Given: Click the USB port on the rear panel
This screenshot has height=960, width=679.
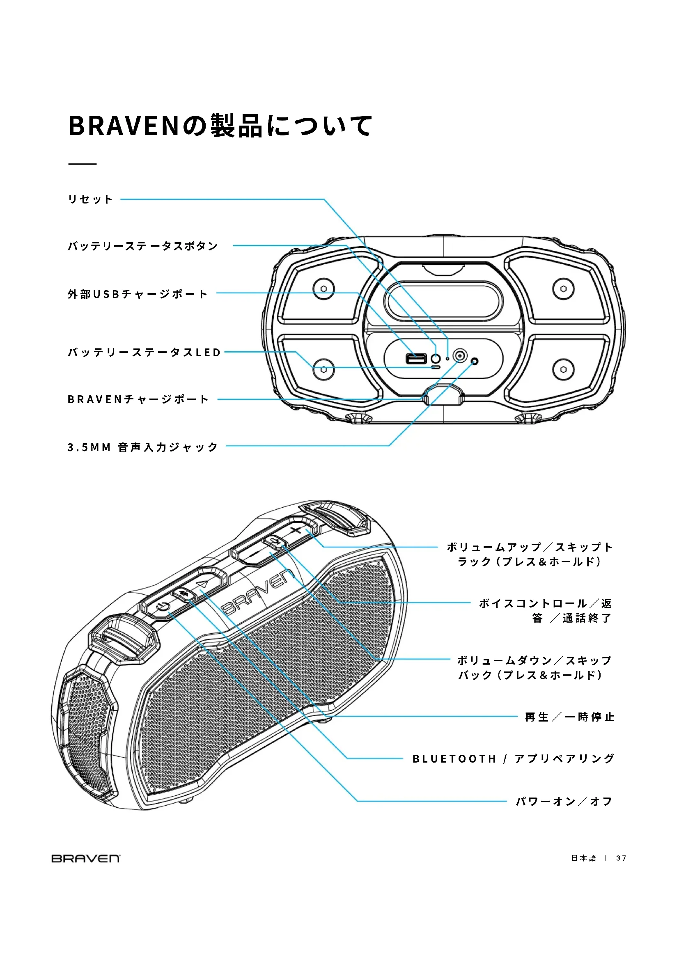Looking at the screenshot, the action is pos(416,358).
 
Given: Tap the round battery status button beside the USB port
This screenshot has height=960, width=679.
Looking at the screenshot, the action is pos(436,358).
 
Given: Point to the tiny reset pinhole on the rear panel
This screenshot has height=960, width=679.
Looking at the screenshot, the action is pos(447,359).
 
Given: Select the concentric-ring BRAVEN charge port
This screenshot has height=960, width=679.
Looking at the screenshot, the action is pos(460,356).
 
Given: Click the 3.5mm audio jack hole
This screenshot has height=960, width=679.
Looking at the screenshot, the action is pos(474,361).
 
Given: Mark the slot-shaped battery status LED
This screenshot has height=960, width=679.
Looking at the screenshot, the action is pos(436,367).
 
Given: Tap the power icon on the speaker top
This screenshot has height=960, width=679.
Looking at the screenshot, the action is pos(162,607).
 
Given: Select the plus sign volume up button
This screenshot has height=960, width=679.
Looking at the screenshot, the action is pos(296,531).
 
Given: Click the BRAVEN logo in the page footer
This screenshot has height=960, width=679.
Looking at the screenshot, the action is pos(86,858).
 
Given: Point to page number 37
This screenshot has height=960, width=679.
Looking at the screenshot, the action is pos(621,858).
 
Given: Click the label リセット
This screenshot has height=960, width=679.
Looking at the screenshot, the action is pos(90,199).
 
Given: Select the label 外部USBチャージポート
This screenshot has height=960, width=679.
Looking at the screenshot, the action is pos(138,294).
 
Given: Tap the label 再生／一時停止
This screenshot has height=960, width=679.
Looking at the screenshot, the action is pos(569,717).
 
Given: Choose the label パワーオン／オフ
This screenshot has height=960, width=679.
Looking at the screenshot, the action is pos(564,801).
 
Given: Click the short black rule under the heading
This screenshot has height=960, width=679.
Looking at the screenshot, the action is pos(83,164).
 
